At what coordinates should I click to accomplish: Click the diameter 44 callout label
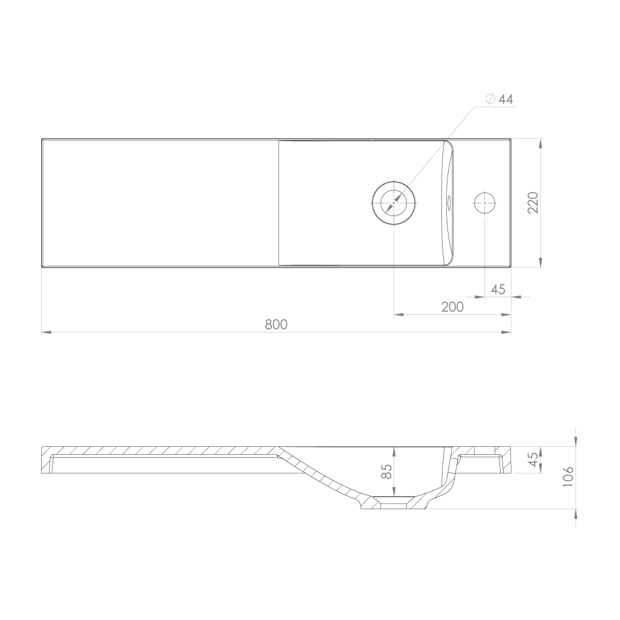[500, 99]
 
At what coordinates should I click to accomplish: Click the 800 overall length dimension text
[276, 325]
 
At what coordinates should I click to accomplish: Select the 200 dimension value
[452, 307]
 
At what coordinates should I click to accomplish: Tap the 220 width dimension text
[533, 202]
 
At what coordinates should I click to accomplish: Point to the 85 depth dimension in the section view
[386, 471]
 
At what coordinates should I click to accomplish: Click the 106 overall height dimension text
[567, 476]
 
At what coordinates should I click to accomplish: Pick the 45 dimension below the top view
[498, 289]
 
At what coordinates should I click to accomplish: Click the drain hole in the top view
[394, 202]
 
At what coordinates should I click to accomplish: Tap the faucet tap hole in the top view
[485, 202]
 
